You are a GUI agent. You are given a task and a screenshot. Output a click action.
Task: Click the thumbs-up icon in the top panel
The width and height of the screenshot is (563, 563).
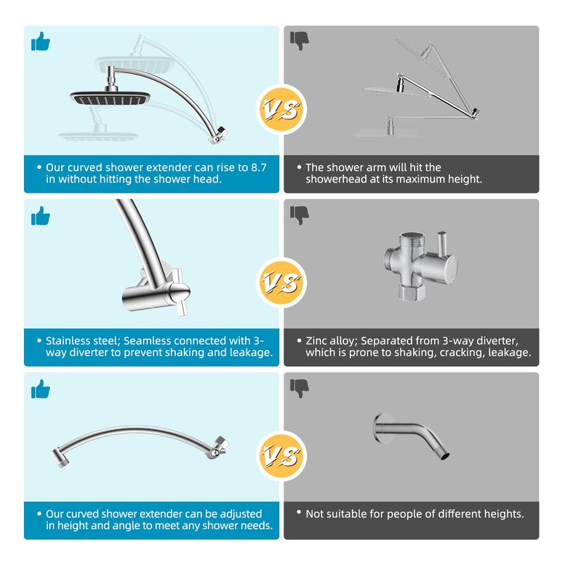pos(41,42)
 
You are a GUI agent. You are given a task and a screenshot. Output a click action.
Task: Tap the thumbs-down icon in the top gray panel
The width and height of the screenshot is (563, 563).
pos(300,41)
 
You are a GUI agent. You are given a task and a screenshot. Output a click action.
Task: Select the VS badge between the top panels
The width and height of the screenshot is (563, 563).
pos(281,109)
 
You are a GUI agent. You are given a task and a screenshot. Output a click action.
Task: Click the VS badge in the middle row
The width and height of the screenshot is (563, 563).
pos(281,283)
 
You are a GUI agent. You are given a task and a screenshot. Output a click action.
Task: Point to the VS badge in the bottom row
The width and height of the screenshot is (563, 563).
pos(281,455)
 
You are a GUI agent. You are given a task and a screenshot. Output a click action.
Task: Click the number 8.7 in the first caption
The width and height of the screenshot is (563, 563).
pos(258,167)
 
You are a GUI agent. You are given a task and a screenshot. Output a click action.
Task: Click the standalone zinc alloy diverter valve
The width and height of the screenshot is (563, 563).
pos(420,266)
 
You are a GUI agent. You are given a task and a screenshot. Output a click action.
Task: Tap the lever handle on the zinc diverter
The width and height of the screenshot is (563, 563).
pos(442,243)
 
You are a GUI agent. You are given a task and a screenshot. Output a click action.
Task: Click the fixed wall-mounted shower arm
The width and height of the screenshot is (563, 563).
pos(411,435)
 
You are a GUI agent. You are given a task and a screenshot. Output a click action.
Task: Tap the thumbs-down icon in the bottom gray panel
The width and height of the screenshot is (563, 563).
pos(300,388)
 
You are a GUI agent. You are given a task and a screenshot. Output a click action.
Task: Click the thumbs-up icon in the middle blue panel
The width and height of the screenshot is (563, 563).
pos(41,216)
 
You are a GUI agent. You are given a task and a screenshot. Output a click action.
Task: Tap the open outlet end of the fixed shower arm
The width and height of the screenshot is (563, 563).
pos(445,456)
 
